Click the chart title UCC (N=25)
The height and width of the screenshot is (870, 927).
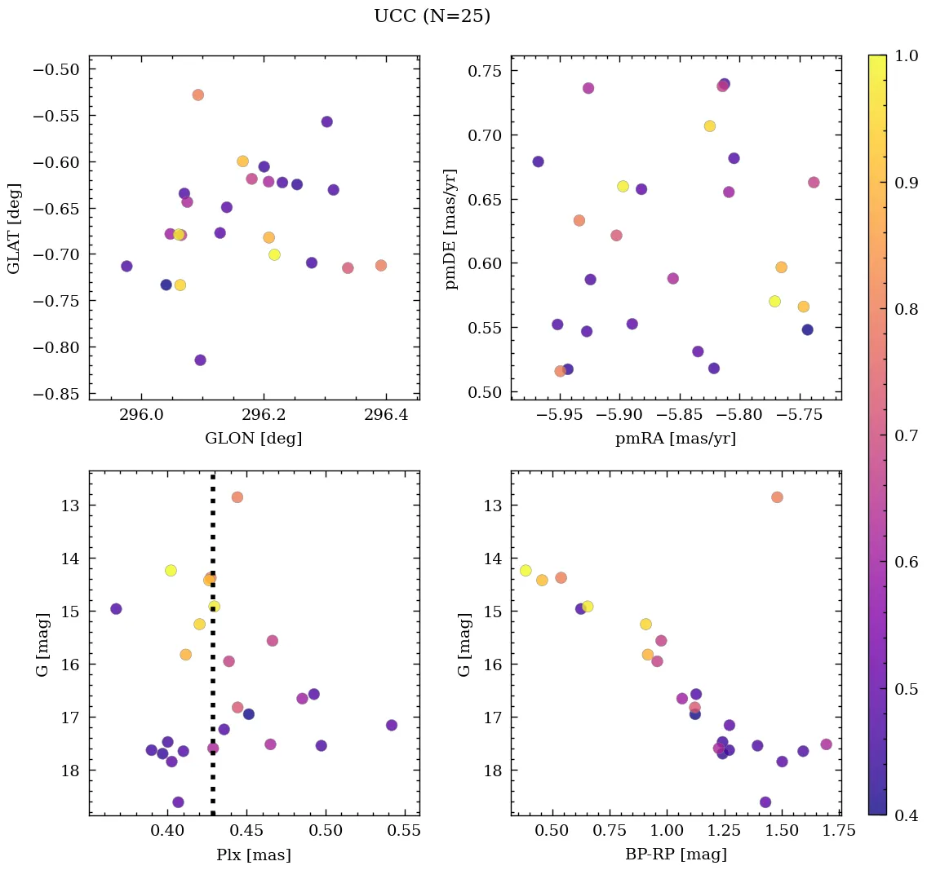click(432, 16)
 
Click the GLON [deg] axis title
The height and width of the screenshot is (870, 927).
click(254, 439)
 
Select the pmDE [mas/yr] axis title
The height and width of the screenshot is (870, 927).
click(450, 229)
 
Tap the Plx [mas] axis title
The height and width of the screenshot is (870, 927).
click(254, 855)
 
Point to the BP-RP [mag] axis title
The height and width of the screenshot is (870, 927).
click(676, 855)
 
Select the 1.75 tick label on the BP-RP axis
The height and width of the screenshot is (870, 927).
click(829, 831)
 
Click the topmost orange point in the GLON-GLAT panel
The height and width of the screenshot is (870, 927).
click(197, 95)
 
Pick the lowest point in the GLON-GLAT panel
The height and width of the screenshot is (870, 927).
click(200, 360)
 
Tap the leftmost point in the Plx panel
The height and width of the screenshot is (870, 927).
click(116, 608)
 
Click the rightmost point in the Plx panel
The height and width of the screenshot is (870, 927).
click(392, 725)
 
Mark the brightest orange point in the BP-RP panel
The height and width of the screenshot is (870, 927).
click(777, 497)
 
